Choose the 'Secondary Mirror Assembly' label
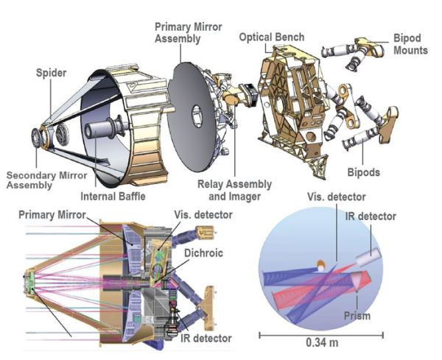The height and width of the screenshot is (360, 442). tap(41, 180)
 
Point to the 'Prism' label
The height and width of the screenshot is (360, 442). tap(355, 317)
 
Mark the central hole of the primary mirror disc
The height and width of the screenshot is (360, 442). tap(197, 115)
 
